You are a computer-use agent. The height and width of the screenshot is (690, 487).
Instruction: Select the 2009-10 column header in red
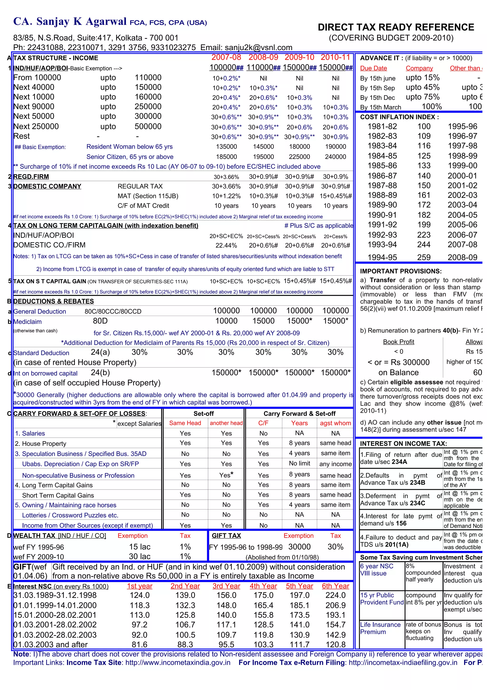tap(299, 57)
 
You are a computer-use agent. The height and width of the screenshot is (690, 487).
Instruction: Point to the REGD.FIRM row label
tap(31, 177)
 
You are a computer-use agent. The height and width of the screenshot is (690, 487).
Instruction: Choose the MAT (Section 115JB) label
tap(148, 196)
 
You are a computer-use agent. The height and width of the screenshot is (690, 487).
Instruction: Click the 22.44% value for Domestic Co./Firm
tap(226, 245)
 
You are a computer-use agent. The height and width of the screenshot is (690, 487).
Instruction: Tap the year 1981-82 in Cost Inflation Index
tap(382, 126)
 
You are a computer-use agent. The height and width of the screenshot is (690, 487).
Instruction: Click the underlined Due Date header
tap(373, 68)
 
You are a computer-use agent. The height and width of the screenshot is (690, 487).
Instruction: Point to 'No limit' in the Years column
tap(299, 463)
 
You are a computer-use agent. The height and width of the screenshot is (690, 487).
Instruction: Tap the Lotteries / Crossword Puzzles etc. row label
tap(70, 515)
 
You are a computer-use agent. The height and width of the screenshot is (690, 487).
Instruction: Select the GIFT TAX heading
tap(226, 535)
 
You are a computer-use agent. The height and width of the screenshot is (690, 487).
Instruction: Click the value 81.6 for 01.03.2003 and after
tap(140, 644)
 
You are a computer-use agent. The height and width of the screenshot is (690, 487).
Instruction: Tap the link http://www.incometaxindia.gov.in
tap(178, 663)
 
